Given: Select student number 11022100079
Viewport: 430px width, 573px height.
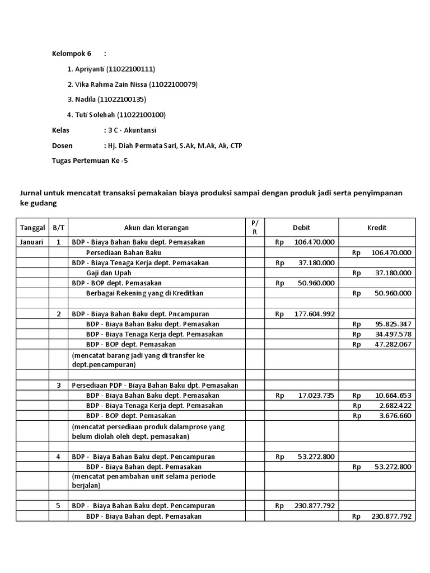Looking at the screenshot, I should [x=174, y=84].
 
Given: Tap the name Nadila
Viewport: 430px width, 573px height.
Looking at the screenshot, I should [x=86, y=100].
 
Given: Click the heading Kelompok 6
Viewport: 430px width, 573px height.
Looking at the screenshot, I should [x=71, y=54].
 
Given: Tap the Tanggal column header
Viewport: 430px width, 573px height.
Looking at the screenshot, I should [x=32, y=228].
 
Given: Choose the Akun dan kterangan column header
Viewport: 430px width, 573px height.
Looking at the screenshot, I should [x=156, y=228].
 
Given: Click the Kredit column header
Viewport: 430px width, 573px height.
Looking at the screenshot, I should [x=376, y=228].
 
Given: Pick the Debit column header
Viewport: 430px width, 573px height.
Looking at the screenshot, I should [x=301, y=228].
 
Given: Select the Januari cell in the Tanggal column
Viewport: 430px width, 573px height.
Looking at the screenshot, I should [x=32, y=242].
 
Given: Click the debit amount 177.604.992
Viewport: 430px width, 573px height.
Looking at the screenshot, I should [x=314, y=314].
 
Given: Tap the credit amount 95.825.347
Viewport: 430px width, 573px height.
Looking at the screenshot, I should [x=390, y=324].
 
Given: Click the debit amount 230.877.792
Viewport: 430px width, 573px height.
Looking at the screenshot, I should [x=314, y=505].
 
